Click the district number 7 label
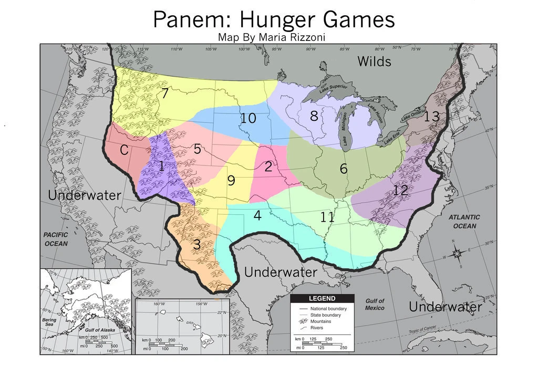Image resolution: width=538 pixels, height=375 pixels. (x=164, y=95)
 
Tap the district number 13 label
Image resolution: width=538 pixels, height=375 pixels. (x=431, y=117)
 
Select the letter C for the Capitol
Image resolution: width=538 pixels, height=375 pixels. (x=124, y=151)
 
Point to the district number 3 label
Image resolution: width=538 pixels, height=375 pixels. (x=196, y=245)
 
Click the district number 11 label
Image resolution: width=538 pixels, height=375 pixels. (x=327, y=217)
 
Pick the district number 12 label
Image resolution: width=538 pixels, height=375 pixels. (x=400, y=191)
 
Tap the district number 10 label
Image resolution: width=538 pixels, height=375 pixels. (x=248, y=119)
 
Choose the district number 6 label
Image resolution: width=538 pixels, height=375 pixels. (x=344, y=169)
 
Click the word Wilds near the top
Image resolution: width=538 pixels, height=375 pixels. (x=374, y=61)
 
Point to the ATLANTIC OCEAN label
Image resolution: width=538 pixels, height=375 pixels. (x=464, y=222)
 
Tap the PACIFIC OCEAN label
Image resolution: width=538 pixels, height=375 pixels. (x=56, y=239)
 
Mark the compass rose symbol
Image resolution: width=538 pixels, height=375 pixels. (x=457, y=253)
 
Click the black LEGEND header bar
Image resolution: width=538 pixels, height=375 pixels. (x=323, y=299)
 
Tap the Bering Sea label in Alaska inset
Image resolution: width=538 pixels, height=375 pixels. (x=49, y=322)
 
